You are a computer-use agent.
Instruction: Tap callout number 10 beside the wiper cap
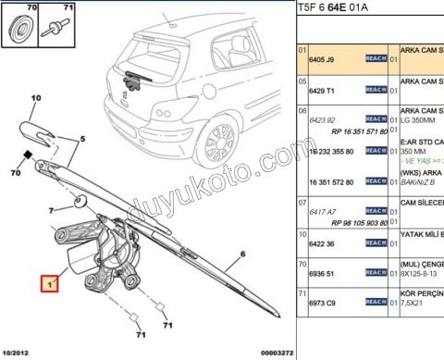tap(36, 98)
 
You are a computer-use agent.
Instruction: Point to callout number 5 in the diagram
tap(82, 139)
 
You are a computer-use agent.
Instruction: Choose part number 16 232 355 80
tap(329, 150)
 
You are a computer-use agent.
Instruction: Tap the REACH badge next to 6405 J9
tap(376, 58)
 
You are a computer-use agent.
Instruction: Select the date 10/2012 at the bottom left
tap(17, 353)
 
